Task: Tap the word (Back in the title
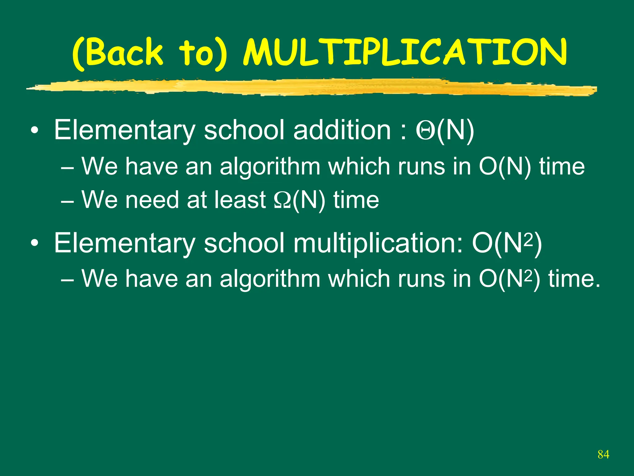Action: (118, 53)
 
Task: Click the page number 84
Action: (603, 455)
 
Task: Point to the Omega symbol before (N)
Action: (282, 200)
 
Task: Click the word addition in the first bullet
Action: (342, 130)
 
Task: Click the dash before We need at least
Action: (67, 202)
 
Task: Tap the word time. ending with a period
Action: (574, 279)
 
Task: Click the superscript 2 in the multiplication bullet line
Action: (530, 240)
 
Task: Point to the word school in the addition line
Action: (244, 130)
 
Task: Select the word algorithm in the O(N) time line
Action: (270, 167)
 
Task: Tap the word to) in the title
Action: (203, 53)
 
